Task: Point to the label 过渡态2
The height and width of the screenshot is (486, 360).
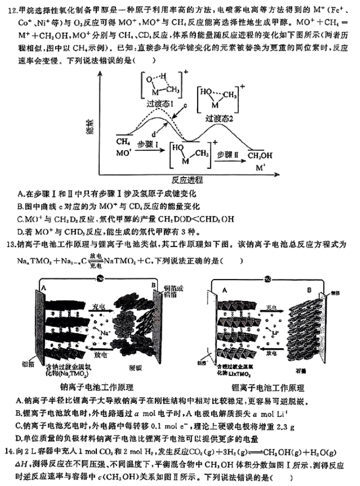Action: (x=219, y=117)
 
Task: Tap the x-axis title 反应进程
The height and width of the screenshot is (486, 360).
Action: (x=188, y=180)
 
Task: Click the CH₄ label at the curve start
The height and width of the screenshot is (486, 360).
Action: (x=123, y=142)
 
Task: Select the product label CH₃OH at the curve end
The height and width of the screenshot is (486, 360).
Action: (x=260, y=155)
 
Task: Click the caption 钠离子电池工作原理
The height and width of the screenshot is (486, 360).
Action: (x=104, y=388)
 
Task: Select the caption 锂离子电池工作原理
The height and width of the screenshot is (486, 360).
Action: (x=269, y=388)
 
